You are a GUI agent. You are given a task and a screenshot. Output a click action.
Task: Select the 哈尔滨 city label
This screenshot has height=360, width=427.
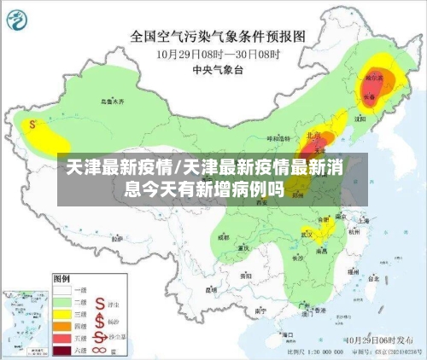[x=374, y=78]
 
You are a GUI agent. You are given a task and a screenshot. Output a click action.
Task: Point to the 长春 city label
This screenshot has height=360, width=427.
[x=369, y=97]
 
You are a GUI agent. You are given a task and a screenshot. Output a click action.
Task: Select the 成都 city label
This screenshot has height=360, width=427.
[x=225, y=237]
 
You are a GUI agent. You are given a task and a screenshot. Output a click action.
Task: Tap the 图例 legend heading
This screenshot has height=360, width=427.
[x=61, y=278]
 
